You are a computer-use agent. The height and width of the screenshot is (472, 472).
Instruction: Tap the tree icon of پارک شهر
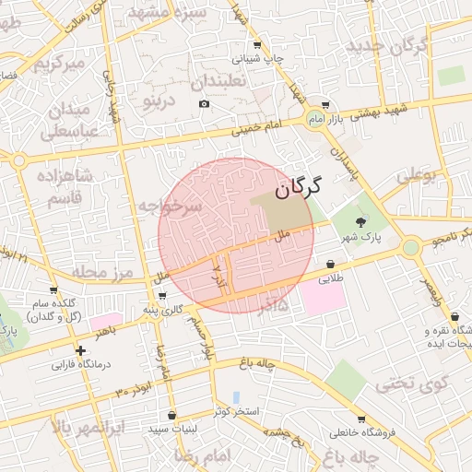pos(360,221)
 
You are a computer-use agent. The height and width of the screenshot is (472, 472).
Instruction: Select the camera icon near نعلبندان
pos(204,102)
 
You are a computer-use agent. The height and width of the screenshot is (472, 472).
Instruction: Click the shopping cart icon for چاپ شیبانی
pos(256,44)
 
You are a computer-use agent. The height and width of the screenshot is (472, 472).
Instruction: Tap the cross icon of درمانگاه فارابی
pos(81,350)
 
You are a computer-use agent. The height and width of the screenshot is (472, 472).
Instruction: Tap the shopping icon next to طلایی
pos(328,264)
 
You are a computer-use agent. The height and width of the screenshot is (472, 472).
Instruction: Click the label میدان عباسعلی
pos(65,121)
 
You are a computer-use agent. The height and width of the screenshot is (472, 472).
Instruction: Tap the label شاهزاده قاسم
pos(61,185)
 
